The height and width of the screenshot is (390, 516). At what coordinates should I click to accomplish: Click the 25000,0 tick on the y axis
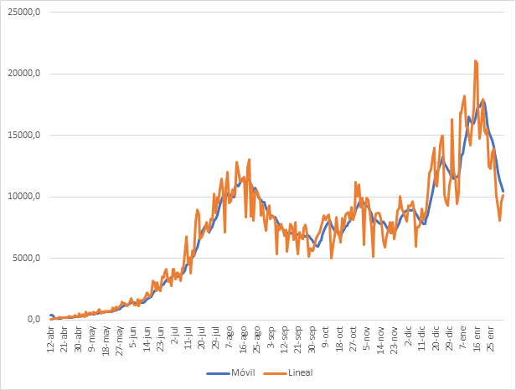[22, 13]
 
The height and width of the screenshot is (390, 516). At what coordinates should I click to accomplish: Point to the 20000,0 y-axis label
[22, 74]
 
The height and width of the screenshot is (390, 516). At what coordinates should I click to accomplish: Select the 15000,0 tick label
[22, 136]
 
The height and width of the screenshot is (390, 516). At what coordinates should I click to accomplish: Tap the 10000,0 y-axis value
[22, 197]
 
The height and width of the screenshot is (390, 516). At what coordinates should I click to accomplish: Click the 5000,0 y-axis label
[24, 258]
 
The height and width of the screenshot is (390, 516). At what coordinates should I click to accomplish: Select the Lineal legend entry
[288, 371]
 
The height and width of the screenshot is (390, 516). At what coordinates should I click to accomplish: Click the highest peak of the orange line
[476, 61]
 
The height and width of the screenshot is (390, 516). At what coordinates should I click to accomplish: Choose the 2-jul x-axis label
[174, 336]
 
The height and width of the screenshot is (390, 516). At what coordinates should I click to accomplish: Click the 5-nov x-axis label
[367, 336]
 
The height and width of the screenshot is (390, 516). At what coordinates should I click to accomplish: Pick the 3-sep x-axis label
[271, 336]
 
